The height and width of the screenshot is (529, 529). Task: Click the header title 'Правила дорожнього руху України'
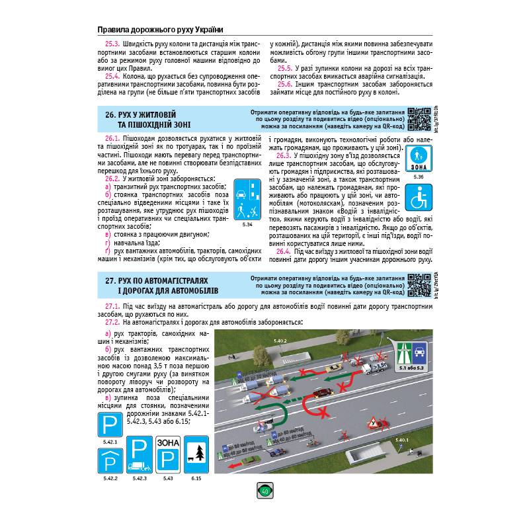[159, 29]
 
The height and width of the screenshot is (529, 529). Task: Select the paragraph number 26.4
[284, 251]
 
